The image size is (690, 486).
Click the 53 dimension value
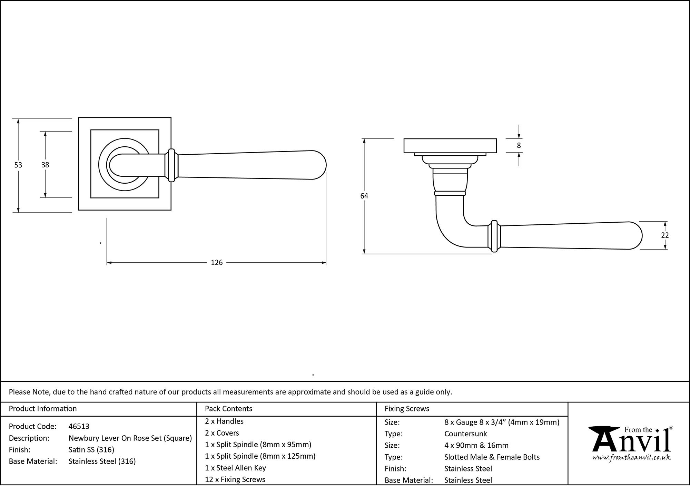coord(18,165)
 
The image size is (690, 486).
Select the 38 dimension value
coord(45,165)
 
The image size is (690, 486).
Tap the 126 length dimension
coord(217,263)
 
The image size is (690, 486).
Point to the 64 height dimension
coord(364,196)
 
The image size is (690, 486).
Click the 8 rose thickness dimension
coord(519,146)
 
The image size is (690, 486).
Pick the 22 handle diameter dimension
coord(665,235)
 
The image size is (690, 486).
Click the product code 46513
coord(79,427)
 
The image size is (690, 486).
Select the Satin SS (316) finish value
coord(91,450)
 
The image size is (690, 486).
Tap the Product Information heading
coord(43,409)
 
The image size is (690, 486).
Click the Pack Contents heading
coord(228,409)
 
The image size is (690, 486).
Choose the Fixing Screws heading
coord(407,409)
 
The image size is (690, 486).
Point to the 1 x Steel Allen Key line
coord(235,468)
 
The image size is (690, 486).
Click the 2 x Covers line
coord(222,433)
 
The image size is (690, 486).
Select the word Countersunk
coord(465,434)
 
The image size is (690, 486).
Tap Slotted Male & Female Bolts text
coord(492,457)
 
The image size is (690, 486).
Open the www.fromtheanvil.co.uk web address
coord(631,458)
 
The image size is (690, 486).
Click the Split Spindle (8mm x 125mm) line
coord(260,456)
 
